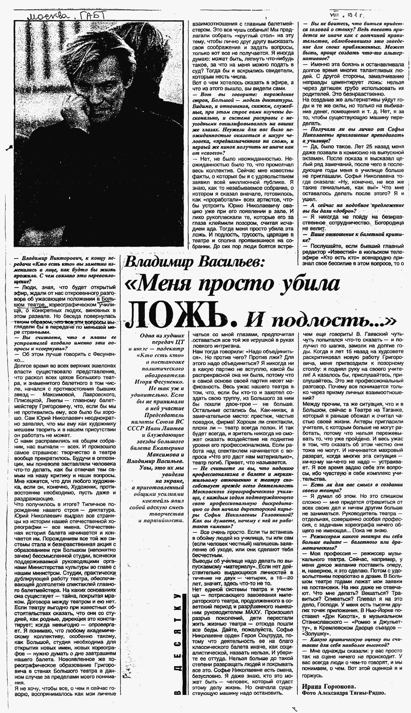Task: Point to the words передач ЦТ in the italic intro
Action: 168,342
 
